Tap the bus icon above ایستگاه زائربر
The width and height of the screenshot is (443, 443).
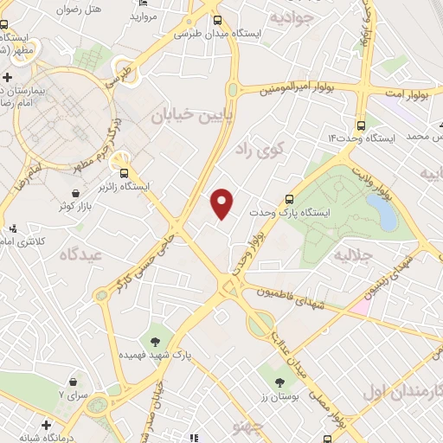pyautogui.click(x=125, y=171)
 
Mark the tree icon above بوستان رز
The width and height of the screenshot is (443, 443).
pyautogui.click(x=279, y=381)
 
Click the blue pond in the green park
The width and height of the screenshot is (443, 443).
pyautogui.click(x=382, y=212)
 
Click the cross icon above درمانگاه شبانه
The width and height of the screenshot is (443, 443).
pyautogui.click(x=46, y=425)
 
